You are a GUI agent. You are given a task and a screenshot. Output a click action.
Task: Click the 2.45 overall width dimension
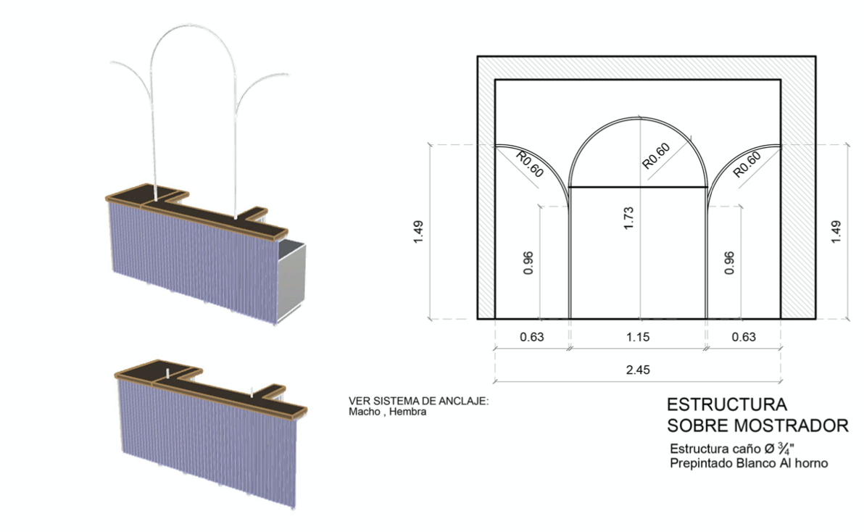click(638, 370)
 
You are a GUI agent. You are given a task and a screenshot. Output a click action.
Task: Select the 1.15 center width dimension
click(638, 336)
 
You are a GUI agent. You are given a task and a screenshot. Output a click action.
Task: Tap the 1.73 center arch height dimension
click(628, 218)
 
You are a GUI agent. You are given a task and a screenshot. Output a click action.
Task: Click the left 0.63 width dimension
click(532, 336)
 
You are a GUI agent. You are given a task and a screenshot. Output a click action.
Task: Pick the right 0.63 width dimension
click(744, 336)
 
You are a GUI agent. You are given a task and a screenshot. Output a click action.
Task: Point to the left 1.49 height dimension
click(418, 232)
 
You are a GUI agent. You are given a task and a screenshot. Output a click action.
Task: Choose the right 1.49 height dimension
click(836, 232)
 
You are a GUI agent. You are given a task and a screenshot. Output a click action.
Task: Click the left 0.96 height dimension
click(528, 263)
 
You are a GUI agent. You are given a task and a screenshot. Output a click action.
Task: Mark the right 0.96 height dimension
click(729, 263)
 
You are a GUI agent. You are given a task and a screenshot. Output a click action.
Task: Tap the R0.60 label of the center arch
click(656, 156)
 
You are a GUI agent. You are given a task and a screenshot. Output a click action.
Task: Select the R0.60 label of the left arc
click(530, 164)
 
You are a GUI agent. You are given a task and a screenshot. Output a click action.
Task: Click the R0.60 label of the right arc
click(747, 164)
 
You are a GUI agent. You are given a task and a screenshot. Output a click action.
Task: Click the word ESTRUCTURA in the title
click(727, 404)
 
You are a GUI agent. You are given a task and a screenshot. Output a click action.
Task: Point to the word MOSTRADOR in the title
click(792, 425)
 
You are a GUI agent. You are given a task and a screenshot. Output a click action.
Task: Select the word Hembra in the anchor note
click(407, 412)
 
